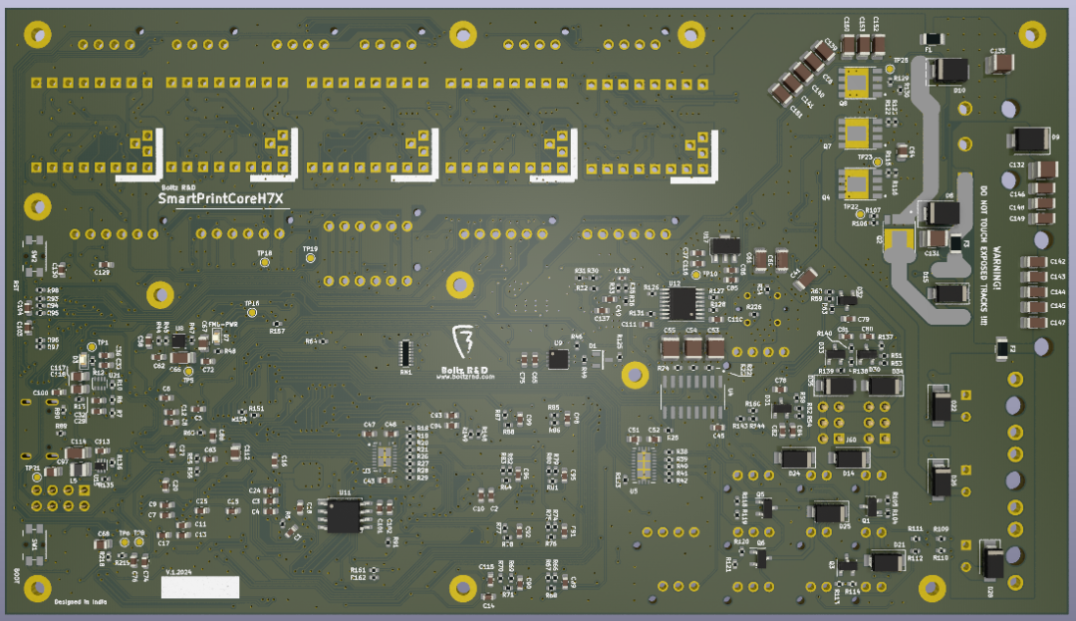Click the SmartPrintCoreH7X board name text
pos(221,199)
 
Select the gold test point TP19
pos(310,258)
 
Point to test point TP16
pos(252,312)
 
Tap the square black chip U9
pos(558,359)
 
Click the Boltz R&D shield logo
pos(462,342)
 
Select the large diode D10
pos(946,71)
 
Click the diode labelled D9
pos(1027,140)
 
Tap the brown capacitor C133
pos(997,64)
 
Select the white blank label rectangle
pos(200,587)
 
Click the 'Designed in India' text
pos(82,602)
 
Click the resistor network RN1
pos(405,353)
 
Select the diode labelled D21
pos(886,560)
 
